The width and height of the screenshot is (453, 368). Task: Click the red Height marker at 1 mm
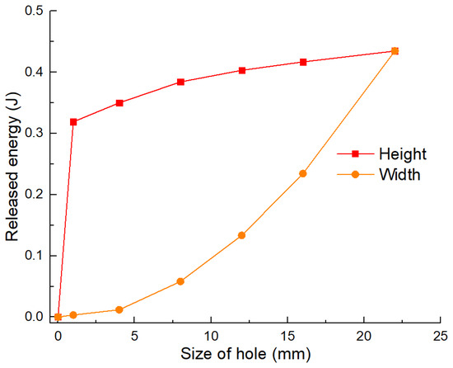coord(73,122)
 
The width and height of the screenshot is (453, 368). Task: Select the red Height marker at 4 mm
coord(119,103)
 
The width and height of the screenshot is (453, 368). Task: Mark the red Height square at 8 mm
coord(180,83)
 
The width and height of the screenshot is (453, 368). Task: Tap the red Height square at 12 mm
coord(242,70)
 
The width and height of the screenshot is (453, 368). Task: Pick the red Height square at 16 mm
coord(303,62)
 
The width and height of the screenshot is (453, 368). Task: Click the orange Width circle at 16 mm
coord(303,173)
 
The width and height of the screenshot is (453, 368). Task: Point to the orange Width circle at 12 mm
coord(242,235)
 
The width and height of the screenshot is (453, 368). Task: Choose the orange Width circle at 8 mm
coord(180,281)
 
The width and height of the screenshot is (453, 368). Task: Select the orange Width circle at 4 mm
coord(119,309)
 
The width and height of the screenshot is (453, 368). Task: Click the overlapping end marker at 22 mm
coord(395,51)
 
